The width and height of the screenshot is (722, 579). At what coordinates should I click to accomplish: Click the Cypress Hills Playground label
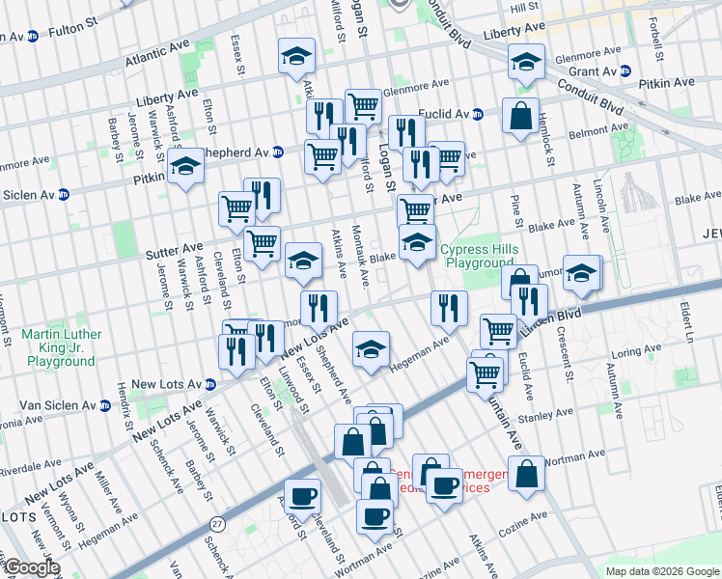point(480,256)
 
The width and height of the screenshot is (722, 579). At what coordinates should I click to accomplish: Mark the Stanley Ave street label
point(546,420)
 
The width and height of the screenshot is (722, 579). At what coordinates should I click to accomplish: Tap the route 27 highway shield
point(217,522)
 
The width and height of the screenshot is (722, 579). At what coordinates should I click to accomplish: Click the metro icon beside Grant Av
point(625,70)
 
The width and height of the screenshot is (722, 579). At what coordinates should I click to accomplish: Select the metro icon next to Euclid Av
point(477,114)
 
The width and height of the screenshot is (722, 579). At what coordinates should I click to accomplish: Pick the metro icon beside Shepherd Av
point(278,152)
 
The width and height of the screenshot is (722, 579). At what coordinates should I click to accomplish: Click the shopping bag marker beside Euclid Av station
point(520,117)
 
